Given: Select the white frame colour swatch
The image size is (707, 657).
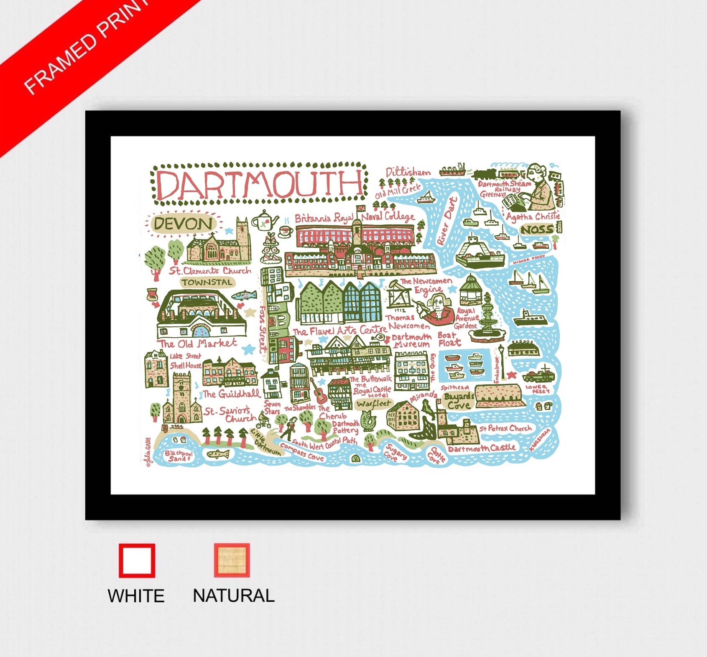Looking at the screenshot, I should click(137, 560).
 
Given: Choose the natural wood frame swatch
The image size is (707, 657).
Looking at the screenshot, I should click(232, 560).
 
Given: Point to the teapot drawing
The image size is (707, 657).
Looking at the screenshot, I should click(265, 219).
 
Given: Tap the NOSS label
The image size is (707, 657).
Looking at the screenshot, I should click(537, 229).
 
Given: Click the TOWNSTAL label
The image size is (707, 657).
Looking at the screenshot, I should click(207, 283).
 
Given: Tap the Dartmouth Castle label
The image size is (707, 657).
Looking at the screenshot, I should click(482, 448).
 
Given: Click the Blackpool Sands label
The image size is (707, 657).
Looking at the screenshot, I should click(179, 456).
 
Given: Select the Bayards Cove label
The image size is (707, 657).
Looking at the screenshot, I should click(459, 401).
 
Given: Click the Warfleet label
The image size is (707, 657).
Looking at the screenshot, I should click(373, 404).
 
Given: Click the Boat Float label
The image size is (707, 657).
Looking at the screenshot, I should click(449, 339).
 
